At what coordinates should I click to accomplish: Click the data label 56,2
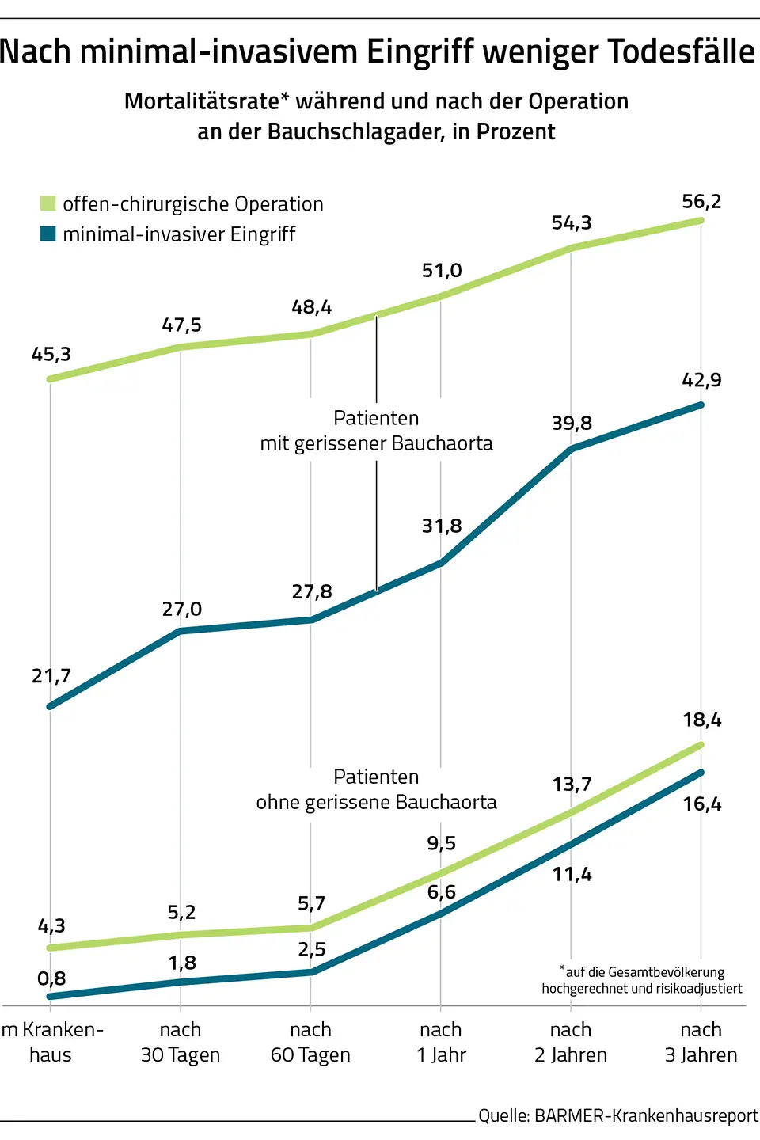click(x=701, y=202)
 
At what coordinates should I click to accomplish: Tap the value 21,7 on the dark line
click(x=51, y=676)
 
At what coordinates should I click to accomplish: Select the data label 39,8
click(x=572, y=424)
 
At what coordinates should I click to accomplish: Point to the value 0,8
click(x=51, y=978)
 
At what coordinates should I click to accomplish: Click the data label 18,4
click(x=702, y=720)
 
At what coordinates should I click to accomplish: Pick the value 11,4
click(x=572, y=875)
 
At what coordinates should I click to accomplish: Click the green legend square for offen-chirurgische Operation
click(x=48, y=203)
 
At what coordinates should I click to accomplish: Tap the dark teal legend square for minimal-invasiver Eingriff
click(x=48, y=234)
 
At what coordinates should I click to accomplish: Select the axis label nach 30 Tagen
click(x=180, y=1042)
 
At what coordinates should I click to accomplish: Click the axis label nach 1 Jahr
click(x=441, y=1042)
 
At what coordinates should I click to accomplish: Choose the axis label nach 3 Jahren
click(x=701, y=1042)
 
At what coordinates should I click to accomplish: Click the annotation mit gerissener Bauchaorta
click(x=376, y=443)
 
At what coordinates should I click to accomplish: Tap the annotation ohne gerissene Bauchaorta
click(x=376, y=802)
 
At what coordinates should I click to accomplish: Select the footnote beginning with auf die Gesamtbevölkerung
click(x=642, y=980)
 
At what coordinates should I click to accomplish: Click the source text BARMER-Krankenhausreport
click(x=646, y=1115)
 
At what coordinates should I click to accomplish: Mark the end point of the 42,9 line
click(x=701, y=405)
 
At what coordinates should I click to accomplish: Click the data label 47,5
click(x=181, y=325)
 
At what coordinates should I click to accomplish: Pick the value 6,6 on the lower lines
click(x=441, y=892)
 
